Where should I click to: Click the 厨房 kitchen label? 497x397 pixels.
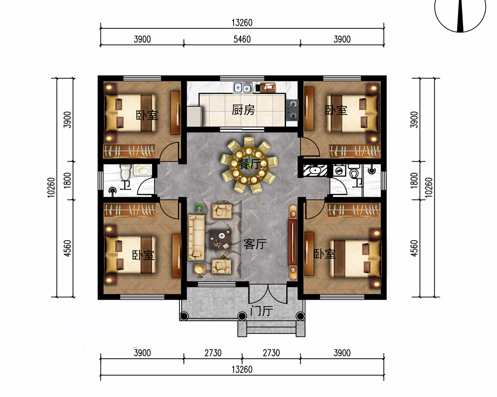click(x=243, y=110)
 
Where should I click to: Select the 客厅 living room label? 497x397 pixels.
click(x=255, y=244)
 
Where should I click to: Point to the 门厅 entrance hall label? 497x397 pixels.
click(x=261, y=311)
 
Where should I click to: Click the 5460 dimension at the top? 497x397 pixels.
click(x=242, y=39)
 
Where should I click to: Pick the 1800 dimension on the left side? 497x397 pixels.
click(x=68, y=181)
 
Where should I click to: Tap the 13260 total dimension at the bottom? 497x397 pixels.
click(x=242, y=369)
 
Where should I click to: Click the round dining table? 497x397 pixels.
click(x=249, y=165)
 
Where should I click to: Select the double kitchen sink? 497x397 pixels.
click(x=243, y=87)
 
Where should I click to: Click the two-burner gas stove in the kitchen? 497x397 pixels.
click(x=292, y=110)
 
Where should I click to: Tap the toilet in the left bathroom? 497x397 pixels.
click(x=126, y=172)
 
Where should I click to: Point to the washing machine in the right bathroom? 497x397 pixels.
click(x=339, y=171)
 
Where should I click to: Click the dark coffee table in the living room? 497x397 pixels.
click(x=221, y=239)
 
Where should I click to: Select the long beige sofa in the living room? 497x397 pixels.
click(x=196, y=237)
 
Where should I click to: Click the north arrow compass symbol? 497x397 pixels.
click(x=460, y=13)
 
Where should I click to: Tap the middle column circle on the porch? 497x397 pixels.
click(x=242, y=316)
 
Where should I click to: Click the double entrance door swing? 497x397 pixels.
click(x=268, y=294)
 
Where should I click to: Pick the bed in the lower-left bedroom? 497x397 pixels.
click(x=131, y=255)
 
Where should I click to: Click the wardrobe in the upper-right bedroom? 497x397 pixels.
click(x=355, y=151)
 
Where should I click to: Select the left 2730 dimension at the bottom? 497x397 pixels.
click(x=213, y=353)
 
